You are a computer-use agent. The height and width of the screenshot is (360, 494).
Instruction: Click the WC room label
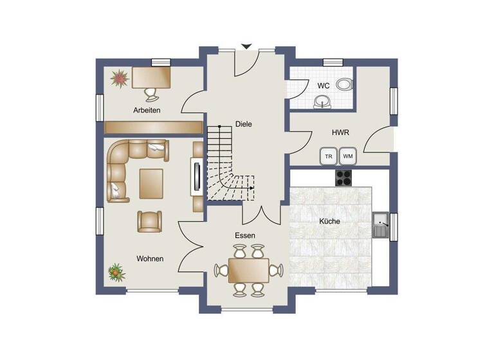coord(324,85)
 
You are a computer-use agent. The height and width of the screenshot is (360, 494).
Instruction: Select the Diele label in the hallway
coord(244,125)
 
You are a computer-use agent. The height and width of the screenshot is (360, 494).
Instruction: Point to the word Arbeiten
coord(147,110)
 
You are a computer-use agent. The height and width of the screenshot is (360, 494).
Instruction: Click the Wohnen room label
coord(150,258)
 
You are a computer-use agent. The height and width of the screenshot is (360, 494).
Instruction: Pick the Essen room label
coord(244,236)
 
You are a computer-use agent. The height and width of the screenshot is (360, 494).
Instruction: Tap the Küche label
coord(329,221)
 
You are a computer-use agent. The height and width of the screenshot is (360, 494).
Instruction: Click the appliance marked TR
coord(328,156)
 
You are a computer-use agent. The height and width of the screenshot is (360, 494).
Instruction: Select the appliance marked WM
coord(347,156)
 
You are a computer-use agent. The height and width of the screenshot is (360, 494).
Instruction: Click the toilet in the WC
coord(345,84)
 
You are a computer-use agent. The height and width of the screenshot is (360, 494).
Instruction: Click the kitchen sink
coord(381,225)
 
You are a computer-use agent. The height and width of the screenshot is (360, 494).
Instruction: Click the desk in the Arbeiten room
coord(152,77)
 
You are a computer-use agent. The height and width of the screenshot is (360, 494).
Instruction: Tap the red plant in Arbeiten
coord(119,78)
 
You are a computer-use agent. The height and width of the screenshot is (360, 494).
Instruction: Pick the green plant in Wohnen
coord(116,272)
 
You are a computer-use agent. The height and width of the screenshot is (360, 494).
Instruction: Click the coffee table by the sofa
coord(152,183)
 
